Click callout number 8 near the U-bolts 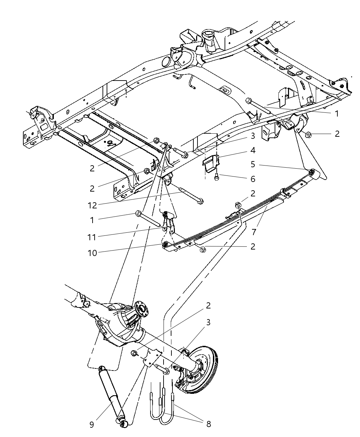[208, 424]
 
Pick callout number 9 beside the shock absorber [92, 424]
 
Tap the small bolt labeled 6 [216, 178]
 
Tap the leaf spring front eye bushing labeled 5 [312, 171]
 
